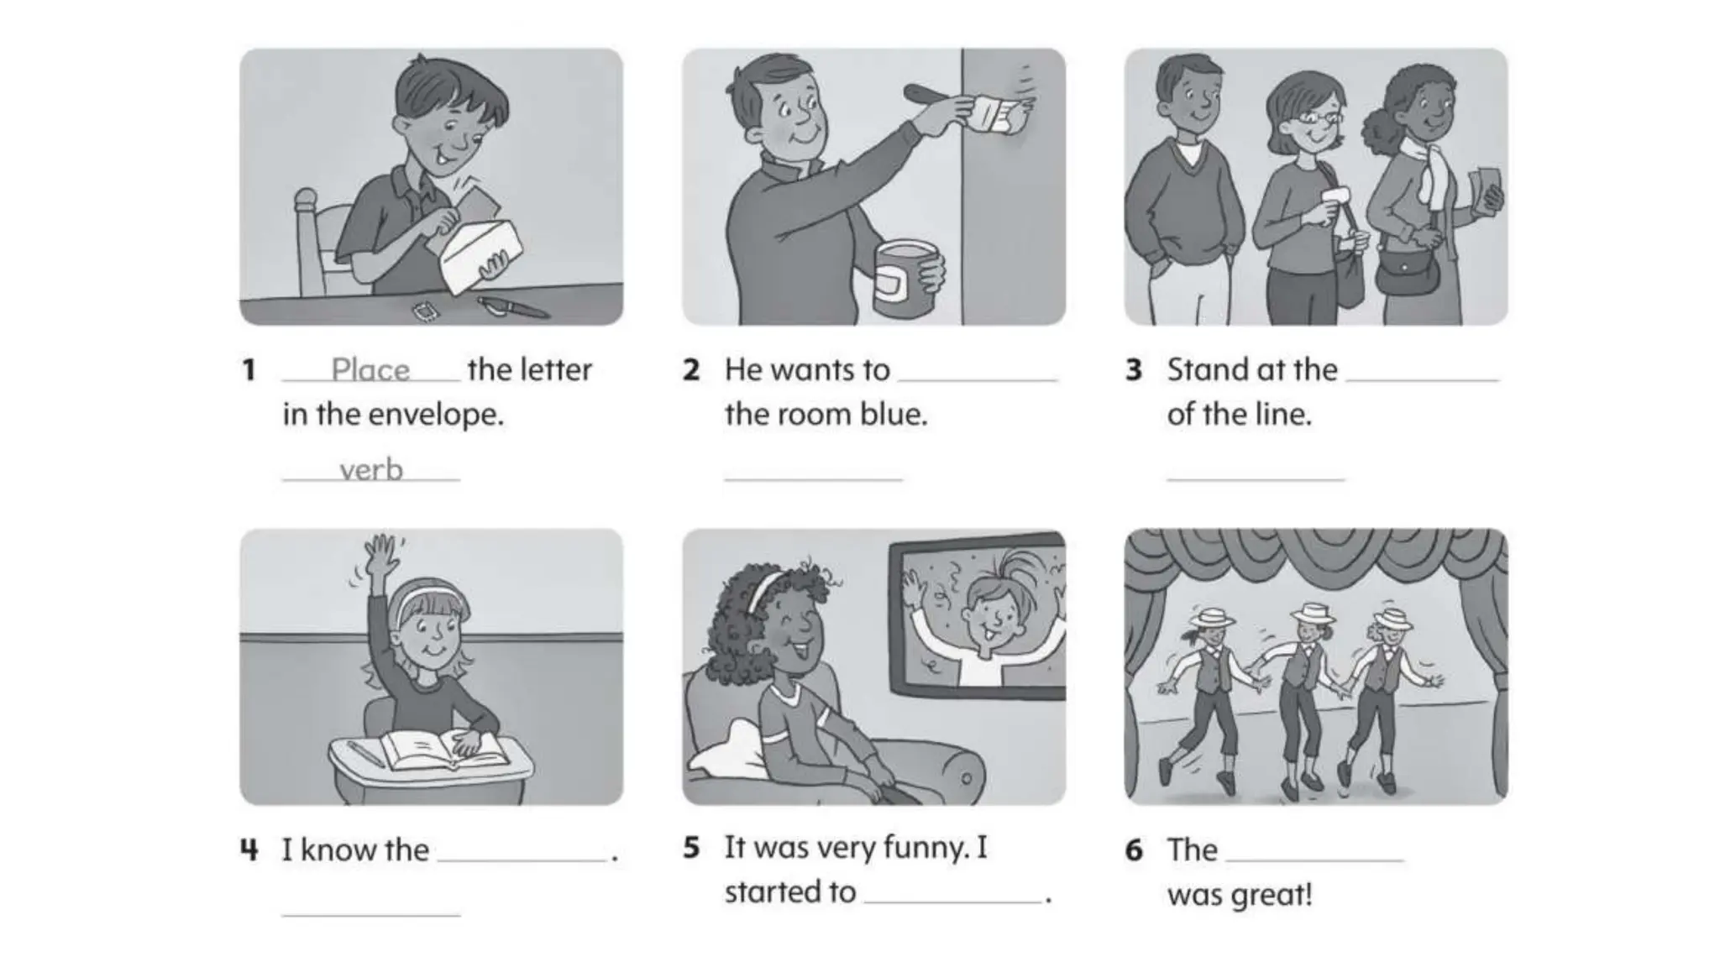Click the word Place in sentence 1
pos(370,369)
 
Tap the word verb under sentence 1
pos(371,469)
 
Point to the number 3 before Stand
pos(1134,370)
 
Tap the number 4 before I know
pos(249,850)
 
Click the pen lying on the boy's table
pos(512,308)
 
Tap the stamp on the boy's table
pos(427,312)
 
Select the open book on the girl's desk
pos(445,750)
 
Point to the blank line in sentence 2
pos(977,380)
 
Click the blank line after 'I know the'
pos(522,860)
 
